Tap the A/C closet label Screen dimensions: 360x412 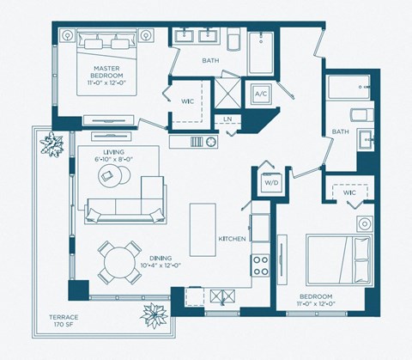pyautogui.click(x=260, y=93)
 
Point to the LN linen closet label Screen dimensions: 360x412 pyautogui.click(x=227, y=119)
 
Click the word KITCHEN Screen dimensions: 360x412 pyautogui.click(x=233, y=238)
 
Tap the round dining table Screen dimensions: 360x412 pyautogui.click(x=117, y=260)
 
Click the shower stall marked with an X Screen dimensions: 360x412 pyautogui.click(x=227, y=93)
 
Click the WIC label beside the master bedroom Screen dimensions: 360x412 pyautogui.click(x=185, y=102)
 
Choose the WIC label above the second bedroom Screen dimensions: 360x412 pyautogui.click(x=350, y=193)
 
